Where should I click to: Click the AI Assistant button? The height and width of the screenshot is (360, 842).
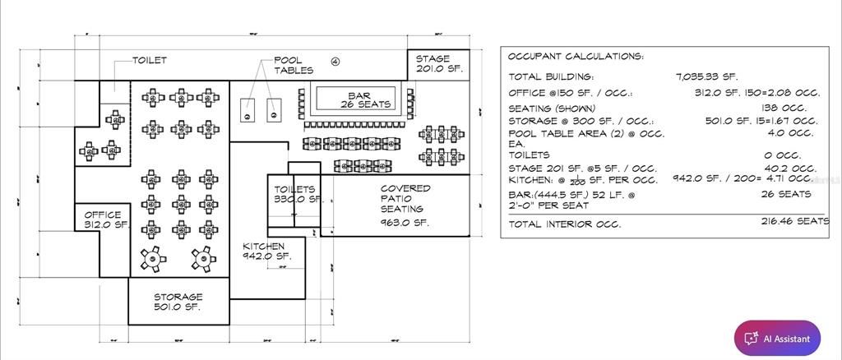[x=777, y=338]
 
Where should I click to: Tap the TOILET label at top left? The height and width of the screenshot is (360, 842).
[x=150, y=60]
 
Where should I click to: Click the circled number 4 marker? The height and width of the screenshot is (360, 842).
[x=335, y=61]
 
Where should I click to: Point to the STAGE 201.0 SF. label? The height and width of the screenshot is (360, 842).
[x=438, y=64]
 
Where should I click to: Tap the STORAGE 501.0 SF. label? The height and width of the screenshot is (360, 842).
[x=178, y=302]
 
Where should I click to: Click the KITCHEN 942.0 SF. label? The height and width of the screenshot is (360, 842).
[x=266, y=251]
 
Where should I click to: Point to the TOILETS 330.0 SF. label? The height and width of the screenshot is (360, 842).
[x=295, y=194]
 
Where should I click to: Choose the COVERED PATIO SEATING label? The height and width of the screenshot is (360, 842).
[x=405, y=205]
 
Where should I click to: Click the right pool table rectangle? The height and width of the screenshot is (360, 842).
[x=275, y=108]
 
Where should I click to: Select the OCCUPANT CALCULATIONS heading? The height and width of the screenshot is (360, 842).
[x=576, y=57]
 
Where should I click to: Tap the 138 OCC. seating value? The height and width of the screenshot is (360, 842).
[x=784, y=108]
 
